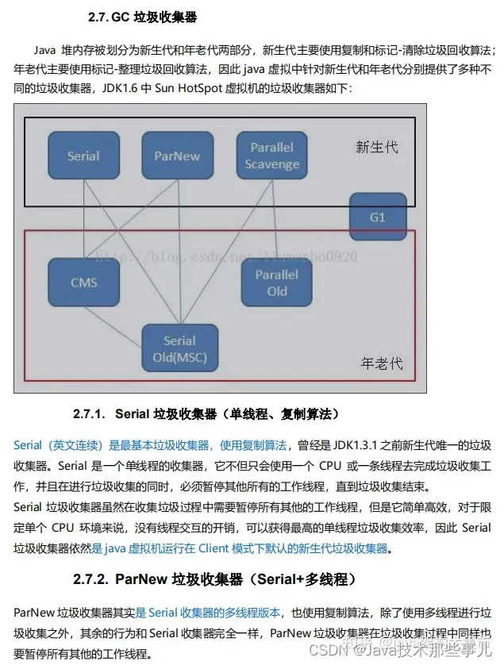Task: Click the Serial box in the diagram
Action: coord(83,156)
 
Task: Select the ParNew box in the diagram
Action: coord(177,156)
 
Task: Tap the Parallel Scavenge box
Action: coord(271,156)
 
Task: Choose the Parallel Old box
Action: coord(276,283)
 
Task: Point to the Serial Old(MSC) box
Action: coord(179,349)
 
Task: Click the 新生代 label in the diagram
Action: coord(376,148)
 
